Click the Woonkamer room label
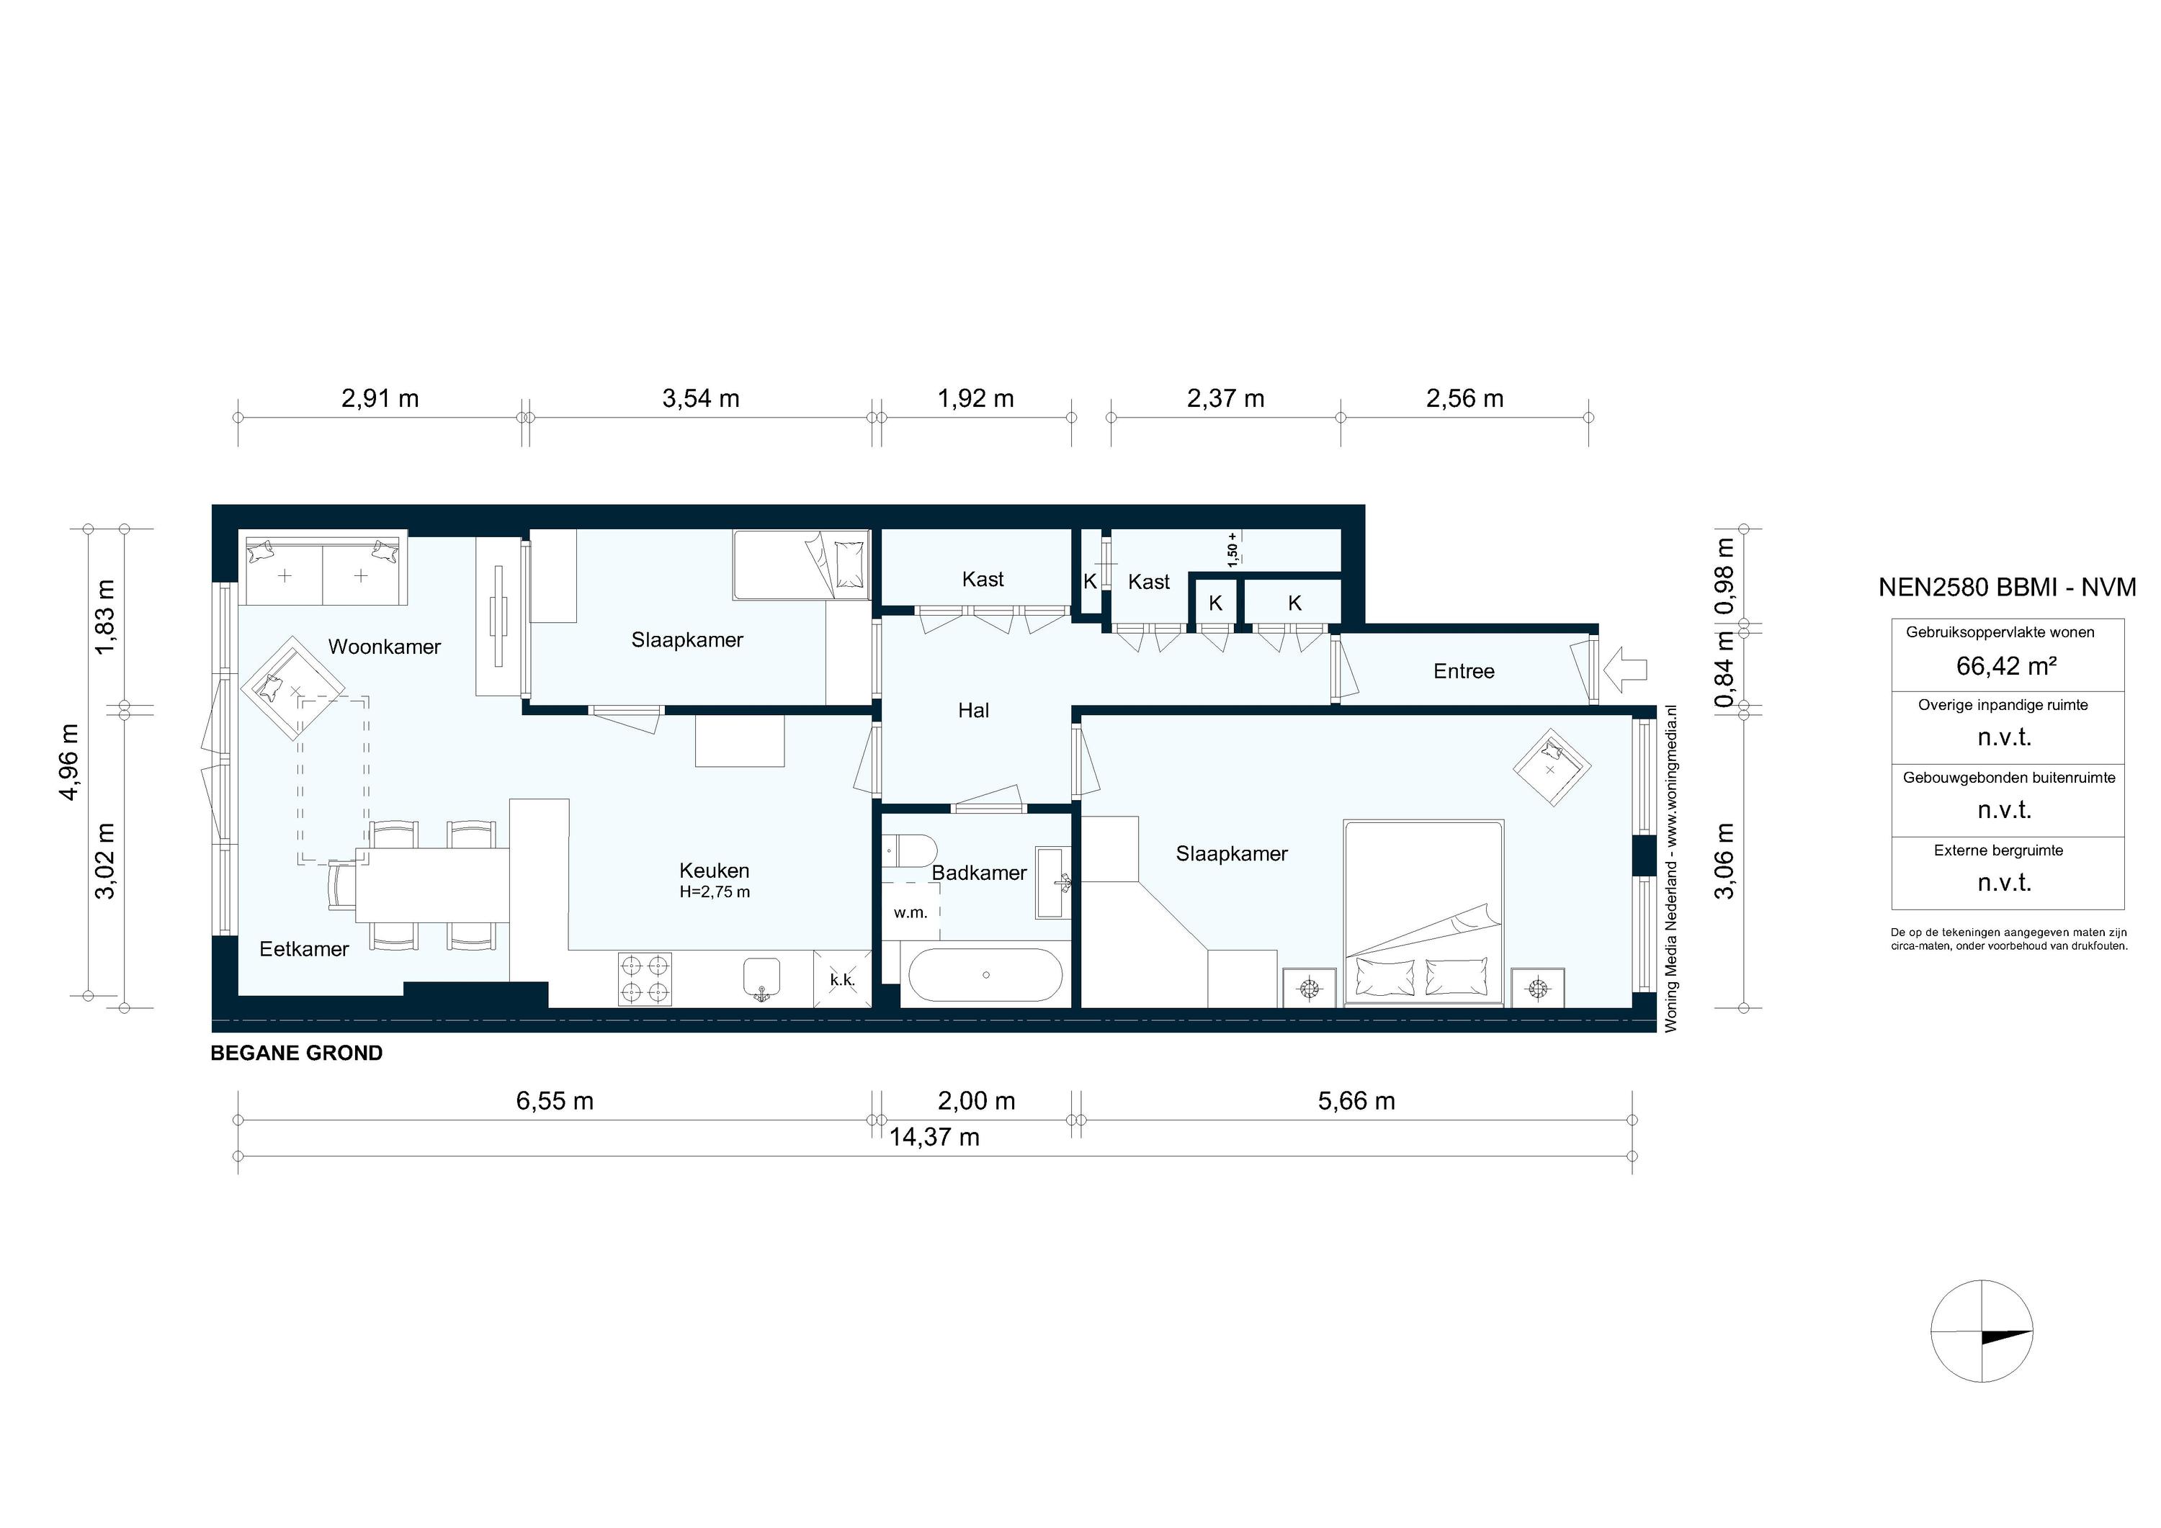384,647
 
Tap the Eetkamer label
304,948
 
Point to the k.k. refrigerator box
842,979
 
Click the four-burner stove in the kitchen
645,979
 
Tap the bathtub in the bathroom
985,975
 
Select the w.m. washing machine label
911,912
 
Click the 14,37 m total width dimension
934,1138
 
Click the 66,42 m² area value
2005,666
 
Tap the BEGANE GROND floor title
297,1053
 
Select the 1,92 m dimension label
975,399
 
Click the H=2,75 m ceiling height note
715,892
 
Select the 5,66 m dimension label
1356,1101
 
